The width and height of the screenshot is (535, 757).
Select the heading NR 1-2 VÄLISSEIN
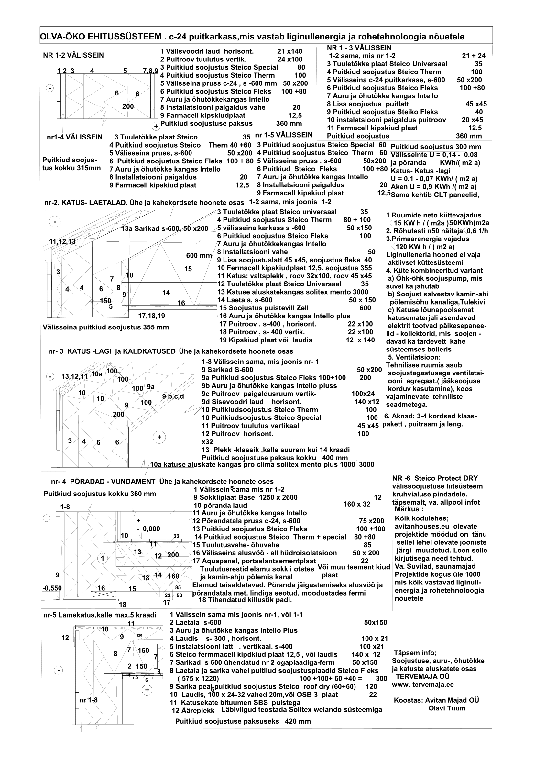click(x=73, y=55)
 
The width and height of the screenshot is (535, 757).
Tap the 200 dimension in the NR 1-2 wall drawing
click(x=128, y=106)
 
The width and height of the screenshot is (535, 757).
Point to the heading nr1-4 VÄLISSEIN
click(x=74, y=137)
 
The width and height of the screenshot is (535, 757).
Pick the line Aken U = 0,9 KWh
click(x=433, y=187)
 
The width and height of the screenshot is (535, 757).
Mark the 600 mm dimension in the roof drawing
click(x=199, y=256)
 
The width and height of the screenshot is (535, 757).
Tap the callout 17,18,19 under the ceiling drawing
click(x=151, y=316)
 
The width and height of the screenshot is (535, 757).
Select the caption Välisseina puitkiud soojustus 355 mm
click(x=106, y=328)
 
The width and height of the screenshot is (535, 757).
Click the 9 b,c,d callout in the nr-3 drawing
click(x=173, y=397)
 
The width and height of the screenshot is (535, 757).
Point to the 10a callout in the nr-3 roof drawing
click(x=96, y=374)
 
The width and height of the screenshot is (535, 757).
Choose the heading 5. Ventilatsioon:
click(x=414, y=357)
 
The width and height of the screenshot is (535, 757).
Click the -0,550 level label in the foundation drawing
click(x=52, y=588)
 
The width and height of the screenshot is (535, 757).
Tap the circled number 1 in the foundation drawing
click(x=103, y=558)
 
